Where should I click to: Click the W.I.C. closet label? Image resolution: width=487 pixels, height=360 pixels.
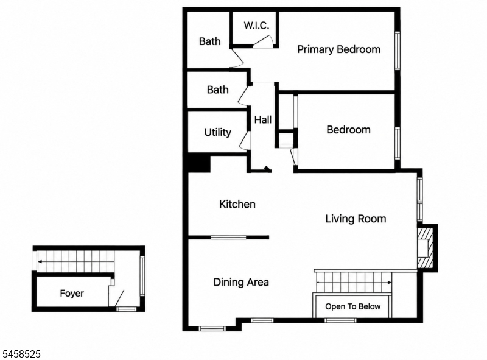coord(256,25)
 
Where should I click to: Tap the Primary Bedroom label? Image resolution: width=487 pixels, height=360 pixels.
coord(338,49)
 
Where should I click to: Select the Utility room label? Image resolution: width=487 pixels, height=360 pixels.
coord(217,132)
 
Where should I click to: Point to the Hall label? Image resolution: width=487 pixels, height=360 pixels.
coord(263,119)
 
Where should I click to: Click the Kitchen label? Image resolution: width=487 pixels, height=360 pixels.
coord(237,204)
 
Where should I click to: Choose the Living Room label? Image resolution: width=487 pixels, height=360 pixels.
coord(356,219)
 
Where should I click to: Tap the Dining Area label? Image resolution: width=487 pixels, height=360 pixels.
coord(241,282)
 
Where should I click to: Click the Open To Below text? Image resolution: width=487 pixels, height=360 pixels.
coord(353,306)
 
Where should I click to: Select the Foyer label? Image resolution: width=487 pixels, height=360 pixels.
coord(72,293)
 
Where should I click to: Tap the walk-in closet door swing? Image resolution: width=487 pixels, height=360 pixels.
coord(264,41)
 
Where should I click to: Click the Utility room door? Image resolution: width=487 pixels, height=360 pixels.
coord(245,141)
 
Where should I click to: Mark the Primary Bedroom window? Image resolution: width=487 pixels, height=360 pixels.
coord(398,50)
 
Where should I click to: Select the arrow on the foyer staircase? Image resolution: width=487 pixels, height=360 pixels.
coord(75,262)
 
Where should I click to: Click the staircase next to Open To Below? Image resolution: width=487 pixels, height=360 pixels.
coord(354,282)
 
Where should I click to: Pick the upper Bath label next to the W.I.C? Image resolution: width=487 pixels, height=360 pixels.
coord(209,41)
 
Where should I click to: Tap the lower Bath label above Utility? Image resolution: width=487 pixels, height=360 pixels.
coord(217,90)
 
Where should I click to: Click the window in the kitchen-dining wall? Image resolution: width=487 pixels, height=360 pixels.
coord(229,238)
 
